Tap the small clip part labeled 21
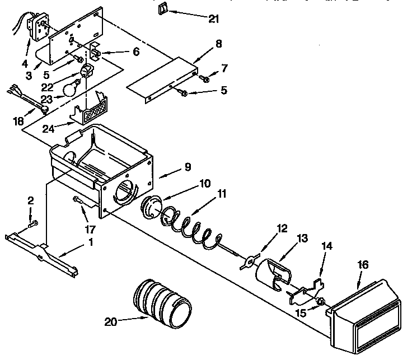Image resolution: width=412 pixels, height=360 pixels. tap(163, 8)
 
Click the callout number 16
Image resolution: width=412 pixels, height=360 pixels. tap(363, 265)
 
